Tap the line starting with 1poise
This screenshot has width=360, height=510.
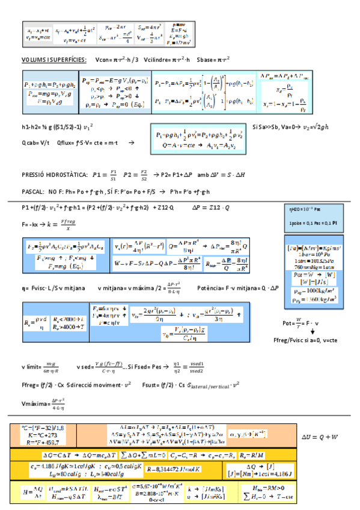[310, 222]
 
